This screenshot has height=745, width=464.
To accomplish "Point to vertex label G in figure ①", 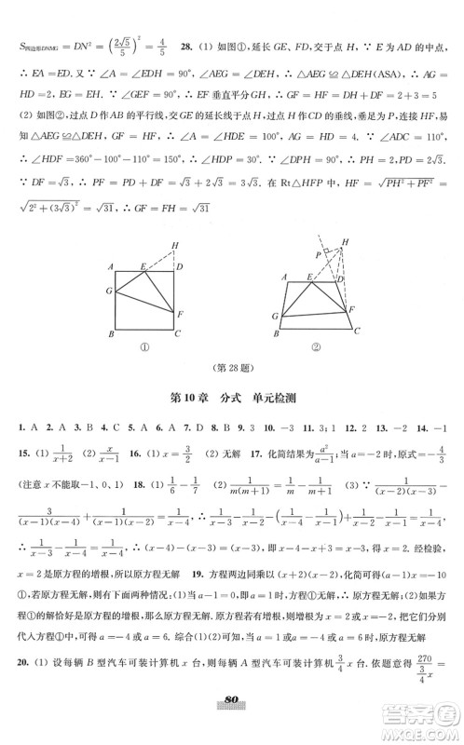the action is pyautogui.click(x=109, y=291).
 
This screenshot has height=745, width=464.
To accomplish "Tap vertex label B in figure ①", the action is pyautogui.click(x=111, y=333).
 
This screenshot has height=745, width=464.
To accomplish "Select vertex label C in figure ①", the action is pyautogui.click(x=177, y=333).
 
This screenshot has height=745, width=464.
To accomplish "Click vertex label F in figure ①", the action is pyautogui.click(x=179, y=314).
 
